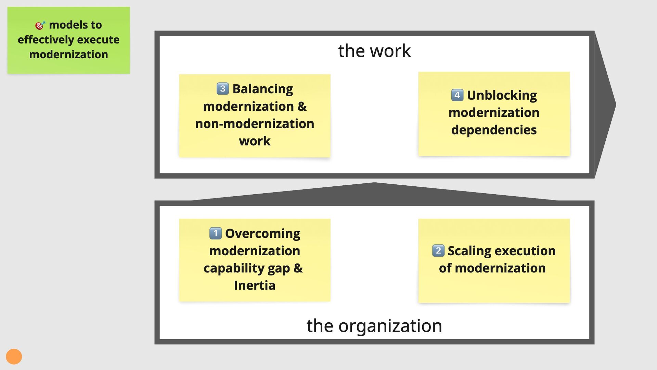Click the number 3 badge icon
pos(222,89)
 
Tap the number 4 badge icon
pos(457,95)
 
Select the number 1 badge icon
pos(215,233)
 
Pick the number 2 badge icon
pos(438,250)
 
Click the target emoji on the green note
pos(40,25)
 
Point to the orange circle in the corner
pos(14,357)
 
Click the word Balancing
pos(263,89)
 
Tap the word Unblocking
pos(502,95)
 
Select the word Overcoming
pos(262,234)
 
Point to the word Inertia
pos(255,285)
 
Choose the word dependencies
pos(494,130)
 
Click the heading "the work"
pos(374,51)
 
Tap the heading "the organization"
pos(374,325)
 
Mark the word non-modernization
pos(255,124)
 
